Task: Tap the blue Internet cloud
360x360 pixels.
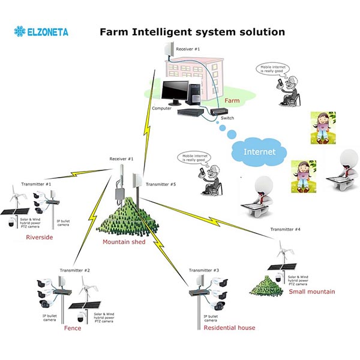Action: click(259, 152)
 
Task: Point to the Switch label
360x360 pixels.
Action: click(227, 118)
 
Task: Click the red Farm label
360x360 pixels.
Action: click(232, 101)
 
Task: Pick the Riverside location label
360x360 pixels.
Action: click(40, 238)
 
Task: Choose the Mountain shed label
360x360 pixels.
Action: click(124, 242)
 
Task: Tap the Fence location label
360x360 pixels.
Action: click(73, 328)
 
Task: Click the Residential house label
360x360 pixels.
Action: click(229, 328)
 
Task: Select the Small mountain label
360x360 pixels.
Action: click(311, 292)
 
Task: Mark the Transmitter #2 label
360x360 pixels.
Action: click(75, 271)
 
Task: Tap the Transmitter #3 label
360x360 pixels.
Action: click(204, 271)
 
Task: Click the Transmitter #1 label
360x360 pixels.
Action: click(36, 184)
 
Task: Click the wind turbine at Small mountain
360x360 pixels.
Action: click(280, 250)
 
